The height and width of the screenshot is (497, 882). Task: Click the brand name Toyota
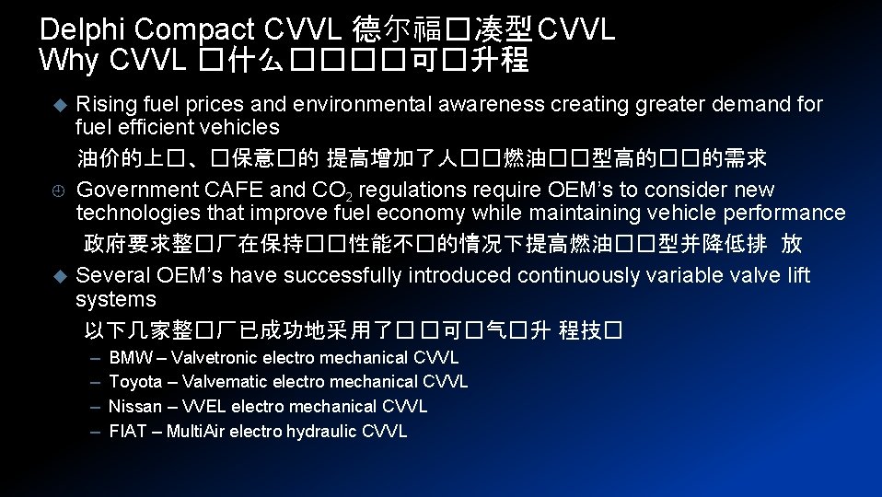tap(135, 382)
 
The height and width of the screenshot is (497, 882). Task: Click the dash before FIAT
tap(96, 432)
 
